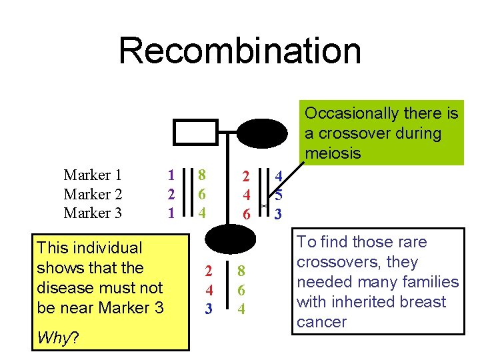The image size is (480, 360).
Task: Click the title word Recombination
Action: [240, 51]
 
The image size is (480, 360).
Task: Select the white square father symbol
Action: [195, 132]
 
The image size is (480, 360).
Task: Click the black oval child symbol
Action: [229, 238]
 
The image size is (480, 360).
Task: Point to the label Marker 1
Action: [93, 175]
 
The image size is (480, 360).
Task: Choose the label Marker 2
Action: [93, 195]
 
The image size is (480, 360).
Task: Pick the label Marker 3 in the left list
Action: [93, 213]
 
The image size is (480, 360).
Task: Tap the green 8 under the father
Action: [201, 175]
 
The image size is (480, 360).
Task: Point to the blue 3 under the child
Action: [209, 309]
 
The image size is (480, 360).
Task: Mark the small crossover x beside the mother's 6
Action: [264, 207]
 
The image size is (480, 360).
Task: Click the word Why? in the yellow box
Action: [58, 338]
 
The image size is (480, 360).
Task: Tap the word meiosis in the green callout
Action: [333, 153]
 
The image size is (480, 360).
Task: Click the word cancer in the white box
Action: [321, 322]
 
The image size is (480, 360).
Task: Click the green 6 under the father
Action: [201, 195]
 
